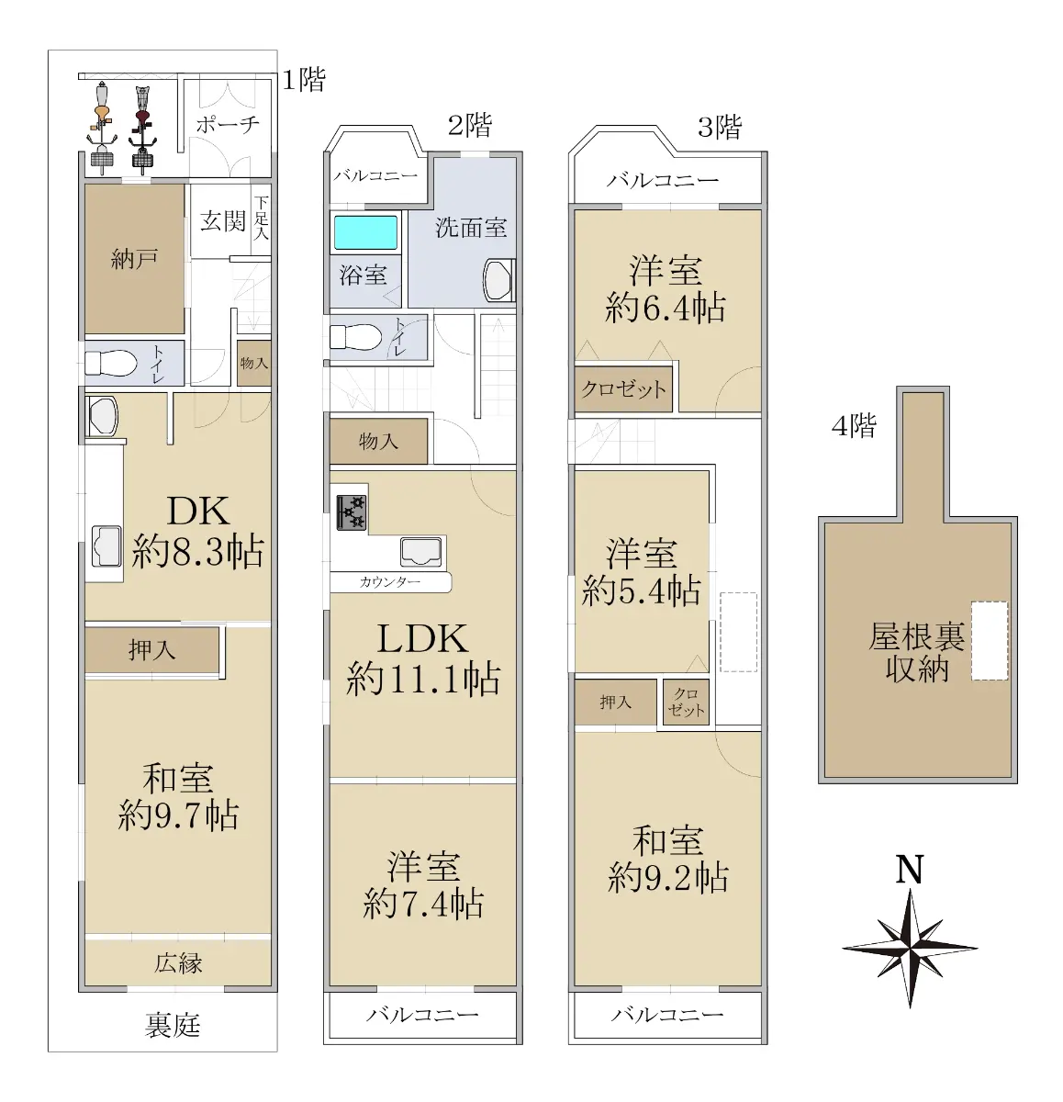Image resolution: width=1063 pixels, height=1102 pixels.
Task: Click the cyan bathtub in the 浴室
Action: point(364,232)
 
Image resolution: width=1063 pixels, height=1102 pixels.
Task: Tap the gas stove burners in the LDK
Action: point(351,512)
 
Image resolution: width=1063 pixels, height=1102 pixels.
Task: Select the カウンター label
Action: point(389,581)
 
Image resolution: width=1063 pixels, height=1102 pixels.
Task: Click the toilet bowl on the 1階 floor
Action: point(110,363)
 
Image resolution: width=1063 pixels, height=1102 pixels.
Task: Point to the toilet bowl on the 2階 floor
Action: point(351,337)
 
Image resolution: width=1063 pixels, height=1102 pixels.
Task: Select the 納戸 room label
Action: point(134,259)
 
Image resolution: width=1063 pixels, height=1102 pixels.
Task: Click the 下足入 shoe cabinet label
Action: point(261,218)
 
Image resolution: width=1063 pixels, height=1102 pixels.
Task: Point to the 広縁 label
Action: point(178,963)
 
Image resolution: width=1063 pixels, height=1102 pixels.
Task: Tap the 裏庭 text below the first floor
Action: point(172,1026)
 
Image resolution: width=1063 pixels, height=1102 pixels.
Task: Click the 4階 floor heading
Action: point(854,425)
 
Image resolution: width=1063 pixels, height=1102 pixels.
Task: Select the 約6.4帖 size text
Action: point(666,309)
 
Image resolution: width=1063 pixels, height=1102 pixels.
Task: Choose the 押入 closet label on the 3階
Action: point(615,703)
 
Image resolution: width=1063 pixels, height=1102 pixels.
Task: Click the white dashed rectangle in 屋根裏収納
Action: point(990,640)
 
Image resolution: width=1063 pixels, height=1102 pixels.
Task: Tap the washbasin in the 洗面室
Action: point(498,280)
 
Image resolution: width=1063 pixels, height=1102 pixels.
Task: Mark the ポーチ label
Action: point(228,124)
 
